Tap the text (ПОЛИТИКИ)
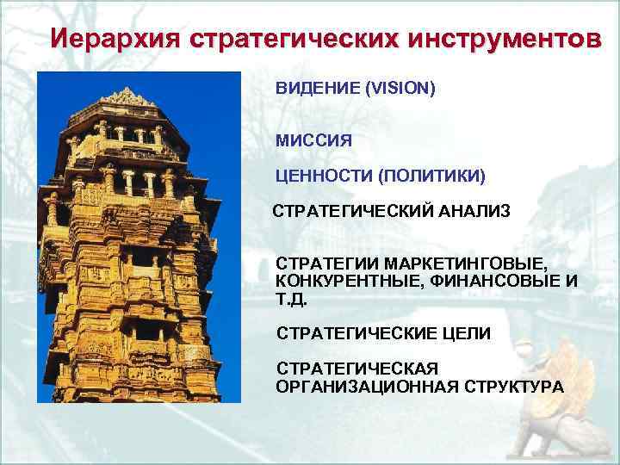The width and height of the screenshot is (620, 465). click(x=431, y=177)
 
